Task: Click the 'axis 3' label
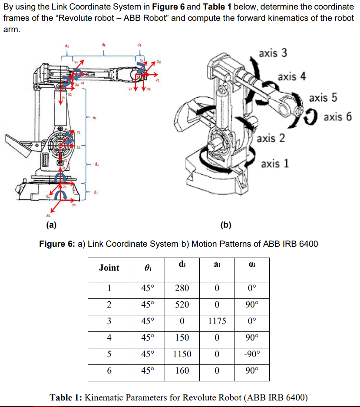pyautogui.click(x=272, y=53)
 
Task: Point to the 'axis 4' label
pyautogui.click(x=292, y=77)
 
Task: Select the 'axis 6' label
pyautogui.click(x=337, y=116)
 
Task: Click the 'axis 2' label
pyautogui.click(x=271, y=138)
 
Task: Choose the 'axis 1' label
pyautogui.click(x=275, y=164)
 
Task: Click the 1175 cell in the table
pyautogui.click(x=217, y=321)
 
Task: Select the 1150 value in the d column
pyautogui.click(x=182, y=354)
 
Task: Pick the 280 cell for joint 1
pyautogui.click(x=182, y=288)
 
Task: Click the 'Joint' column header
pyautogui.click(x=109, y=268)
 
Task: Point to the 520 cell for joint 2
pyautogui.click(x=182, y=304)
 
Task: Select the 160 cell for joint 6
pyautogui.click(x=182, y=371)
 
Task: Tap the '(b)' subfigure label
pyautogui.click(x=226, y=225)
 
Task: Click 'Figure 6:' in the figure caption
pyautogui.click(x=57, y=244)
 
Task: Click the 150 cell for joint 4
pyautogui.click(x=182, y=338)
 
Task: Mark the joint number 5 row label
pyautogui.click(x=109, y=354)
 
